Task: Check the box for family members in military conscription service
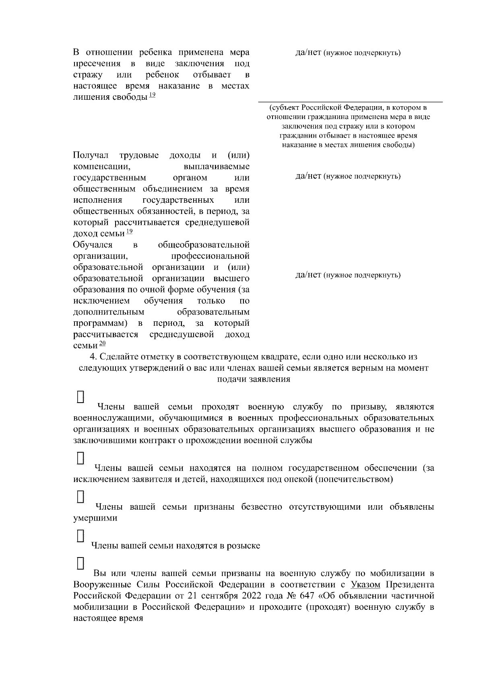tap(80, 397)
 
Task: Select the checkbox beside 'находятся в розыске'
tap(80, 536)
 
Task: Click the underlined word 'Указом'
tap(365, 584)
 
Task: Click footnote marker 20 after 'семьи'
tap(102, 343)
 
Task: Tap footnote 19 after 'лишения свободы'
tap(152, 95)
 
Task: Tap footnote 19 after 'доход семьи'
tap(129, 231)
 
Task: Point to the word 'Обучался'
tap(93, 245)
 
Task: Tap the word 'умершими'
tap(95, 518)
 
